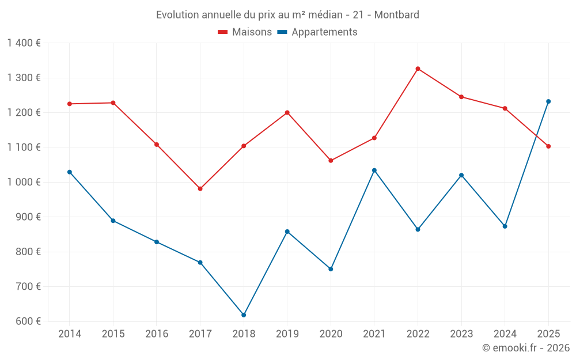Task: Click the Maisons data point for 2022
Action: click(x=418, y=69)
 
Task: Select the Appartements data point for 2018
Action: click(x=244, y=315)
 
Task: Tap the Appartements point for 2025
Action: click(x=548, y=101)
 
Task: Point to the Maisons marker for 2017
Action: click(x=200, y=189)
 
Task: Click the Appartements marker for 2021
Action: click(x=374, y=170)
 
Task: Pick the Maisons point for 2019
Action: click(x=287, y=112)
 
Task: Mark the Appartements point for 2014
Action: click(x=70, y=172)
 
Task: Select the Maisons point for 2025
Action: click(x=548, y=146)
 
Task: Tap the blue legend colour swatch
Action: click(x=282, y=32)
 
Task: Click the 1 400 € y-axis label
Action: click(x=24, y=43)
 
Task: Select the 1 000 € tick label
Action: click(x=24, y=182)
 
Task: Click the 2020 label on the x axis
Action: click(x=331, y=334)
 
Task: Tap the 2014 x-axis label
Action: click(x=70, y=334)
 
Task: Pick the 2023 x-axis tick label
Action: click(x=461, y=334)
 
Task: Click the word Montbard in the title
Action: click(x=397, y=14)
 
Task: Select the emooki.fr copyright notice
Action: click(x=526, y=348)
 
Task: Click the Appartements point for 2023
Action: click(x=461, y=175)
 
